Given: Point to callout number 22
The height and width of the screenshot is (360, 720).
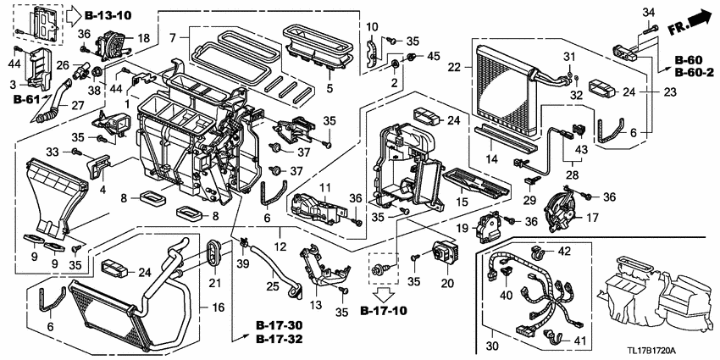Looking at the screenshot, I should [454, 67].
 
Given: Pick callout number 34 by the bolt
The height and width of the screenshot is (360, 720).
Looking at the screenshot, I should [649, 12].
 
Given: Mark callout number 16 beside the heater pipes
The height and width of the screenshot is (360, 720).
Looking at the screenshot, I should [216, 308].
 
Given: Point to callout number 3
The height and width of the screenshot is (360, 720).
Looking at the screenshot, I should [12, 85].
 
